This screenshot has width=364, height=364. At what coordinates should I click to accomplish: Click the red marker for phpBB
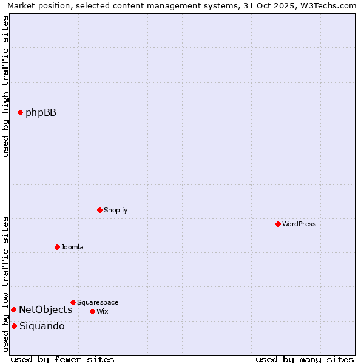[20, 112]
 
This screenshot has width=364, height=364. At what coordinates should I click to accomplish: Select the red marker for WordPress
[278, 224]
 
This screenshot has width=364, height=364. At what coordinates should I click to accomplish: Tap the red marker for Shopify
[99, 210]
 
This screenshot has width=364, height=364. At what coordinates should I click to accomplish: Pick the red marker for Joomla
[57, 247]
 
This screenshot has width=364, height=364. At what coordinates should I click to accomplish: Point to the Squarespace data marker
[73, 302]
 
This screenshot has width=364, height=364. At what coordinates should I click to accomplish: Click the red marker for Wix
[92, 311]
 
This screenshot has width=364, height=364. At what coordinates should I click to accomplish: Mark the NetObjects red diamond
[13, 309]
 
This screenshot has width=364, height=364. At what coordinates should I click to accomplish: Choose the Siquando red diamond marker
[14, 326]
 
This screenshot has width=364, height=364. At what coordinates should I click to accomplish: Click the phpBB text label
[41, 112]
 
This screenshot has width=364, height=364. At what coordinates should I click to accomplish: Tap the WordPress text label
[299, 224]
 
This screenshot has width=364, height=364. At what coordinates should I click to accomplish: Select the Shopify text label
[115, 210]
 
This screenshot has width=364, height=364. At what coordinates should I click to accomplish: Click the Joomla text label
[72, 247]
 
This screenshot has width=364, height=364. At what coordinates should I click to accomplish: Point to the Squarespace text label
[98, 302]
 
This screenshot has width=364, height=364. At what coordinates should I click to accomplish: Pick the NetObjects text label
[45, 309]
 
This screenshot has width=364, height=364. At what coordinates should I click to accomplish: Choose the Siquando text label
[42, 326]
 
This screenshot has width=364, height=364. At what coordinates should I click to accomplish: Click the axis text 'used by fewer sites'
[62, 359]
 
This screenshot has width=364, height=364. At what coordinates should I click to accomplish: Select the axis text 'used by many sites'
[305, 359]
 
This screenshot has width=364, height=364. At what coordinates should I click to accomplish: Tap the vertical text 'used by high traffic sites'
[5, 86]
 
